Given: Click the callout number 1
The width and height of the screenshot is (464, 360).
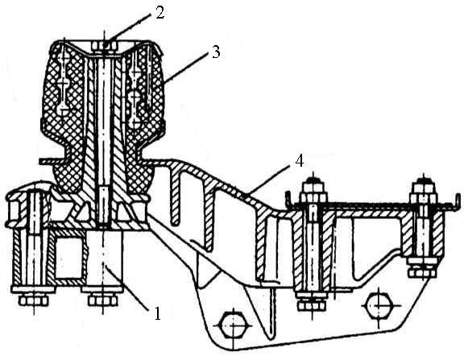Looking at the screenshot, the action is point(158,314).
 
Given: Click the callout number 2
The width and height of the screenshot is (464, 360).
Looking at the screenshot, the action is point(159,13).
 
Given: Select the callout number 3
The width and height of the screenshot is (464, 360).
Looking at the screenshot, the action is point(217,52).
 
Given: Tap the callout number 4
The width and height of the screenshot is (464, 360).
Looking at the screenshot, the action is point(300,161).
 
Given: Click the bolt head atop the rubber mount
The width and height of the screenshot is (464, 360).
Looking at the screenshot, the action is point(105,46).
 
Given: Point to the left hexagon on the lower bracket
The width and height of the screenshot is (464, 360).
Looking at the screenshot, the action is point(234,325).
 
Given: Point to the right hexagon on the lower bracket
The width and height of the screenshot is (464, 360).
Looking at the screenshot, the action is point(379,305).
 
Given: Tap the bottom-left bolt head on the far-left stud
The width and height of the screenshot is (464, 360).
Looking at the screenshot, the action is point(34,301).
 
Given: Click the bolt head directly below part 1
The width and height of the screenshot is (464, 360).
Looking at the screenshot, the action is point(102,301).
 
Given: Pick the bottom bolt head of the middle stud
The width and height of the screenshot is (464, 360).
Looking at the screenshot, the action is point(313,306).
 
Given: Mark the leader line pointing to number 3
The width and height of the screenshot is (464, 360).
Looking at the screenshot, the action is point(185,67).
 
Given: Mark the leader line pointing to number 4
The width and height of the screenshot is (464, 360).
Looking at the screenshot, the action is point(267,181).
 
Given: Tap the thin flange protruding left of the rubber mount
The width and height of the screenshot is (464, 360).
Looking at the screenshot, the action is point(51,162).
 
